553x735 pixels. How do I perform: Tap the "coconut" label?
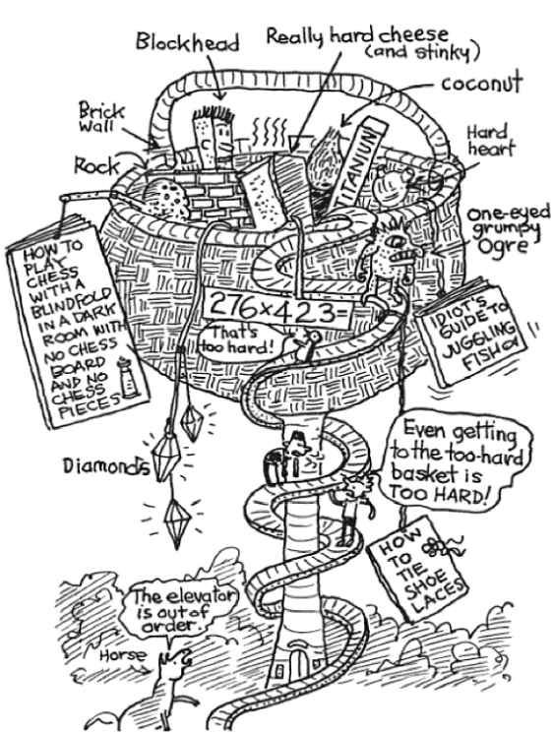482,85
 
